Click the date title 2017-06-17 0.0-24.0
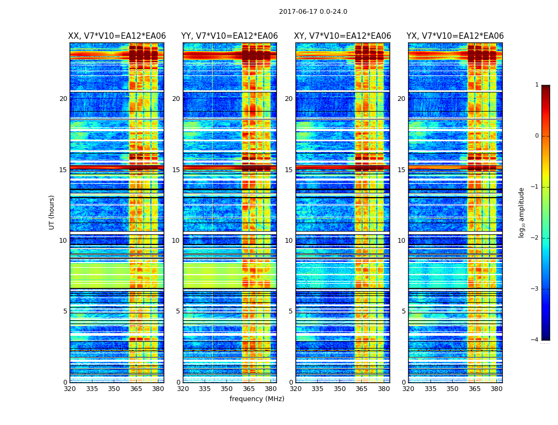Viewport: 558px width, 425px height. tap(313, 12)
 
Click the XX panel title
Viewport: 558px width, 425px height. tap(117, 36)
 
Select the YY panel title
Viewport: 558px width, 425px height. tap(230, 36)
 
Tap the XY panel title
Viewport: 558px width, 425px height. tap(343, 36)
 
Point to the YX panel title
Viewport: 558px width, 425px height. tap(455, 36)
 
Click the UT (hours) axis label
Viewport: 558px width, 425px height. tap(52, 212)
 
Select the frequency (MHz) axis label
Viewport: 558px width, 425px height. tap(257, 399)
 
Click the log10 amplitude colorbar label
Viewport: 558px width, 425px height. tap(522, 212)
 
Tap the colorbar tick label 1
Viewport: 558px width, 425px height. tap(537, 85)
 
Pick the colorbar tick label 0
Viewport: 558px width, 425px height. tap(537, 136)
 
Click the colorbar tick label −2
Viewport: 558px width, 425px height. tap(535, 238)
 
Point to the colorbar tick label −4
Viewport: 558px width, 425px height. tap(535, 340)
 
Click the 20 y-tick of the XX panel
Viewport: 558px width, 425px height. tap(63, 99)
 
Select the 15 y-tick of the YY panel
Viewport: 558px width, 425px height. tap(176, 170)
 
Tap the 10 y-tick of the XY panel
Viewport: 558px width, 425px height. tap(289, 241)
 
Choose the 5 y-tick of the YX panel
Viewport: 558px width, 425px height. tap(403, 311)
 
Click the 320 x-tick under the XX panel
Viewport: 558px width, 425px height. tap(70, 389)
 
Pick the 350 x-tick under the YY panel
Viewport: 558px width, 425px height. tap(227, 389)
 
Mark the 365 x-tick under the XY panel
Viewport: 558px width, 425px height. tap(361, 389)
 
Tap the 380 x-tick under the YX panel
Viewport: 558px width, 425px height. tap(496, 389)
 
